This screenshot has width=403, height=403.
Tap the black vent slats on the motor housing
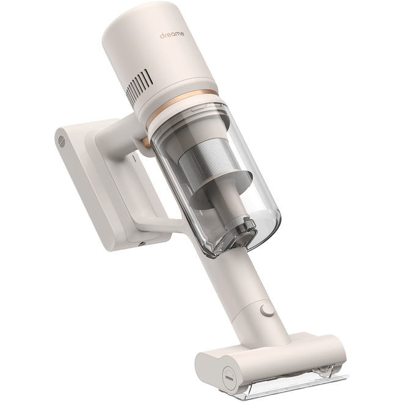click(x=140, y=83)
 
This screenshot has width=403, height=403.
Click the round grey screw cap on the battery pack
click(x=62, y=141)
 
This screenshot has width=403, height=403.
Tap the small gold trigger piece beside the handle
click(x=147, y=143)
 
